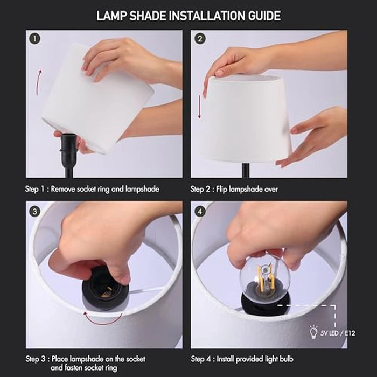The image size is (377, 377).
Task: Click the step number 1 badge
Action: coord(35,39)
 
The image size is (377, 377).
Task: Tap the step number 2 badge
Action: coord(200,39)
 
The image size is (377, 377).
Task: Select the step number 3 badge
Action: coord(35,211)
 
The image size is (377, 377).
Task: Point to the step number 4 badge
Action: coord(200,211)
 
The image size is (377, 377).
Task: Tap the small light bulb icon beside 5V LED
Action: coord(312,330)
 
